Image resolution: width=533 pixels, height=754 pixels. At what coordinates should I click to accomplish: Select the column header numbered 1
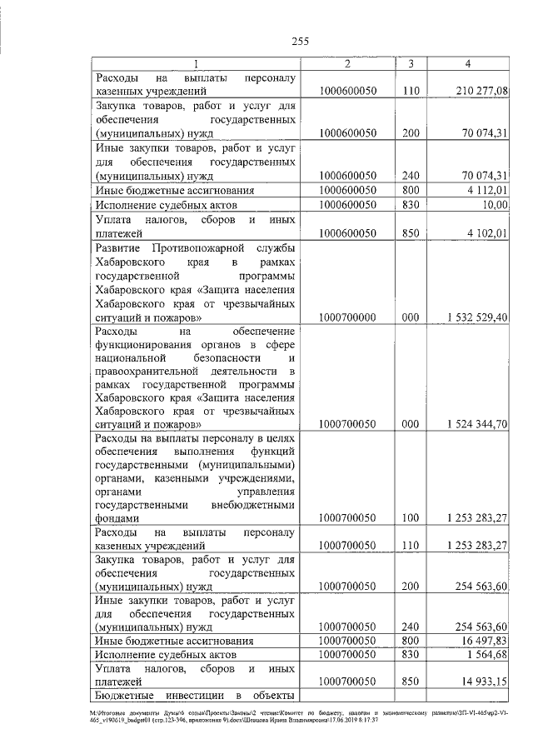click(x=196, y=64)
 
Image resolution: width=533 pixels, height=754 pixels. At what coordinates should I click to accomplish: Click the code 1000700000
click(x=348, y=317)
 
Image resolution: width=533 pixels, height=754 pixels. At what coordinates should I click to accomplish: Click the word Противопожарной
click(x=197, y=249)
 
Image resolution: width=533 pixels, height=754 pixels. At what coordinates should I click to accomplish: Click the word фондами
click(x=117, y=517)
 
